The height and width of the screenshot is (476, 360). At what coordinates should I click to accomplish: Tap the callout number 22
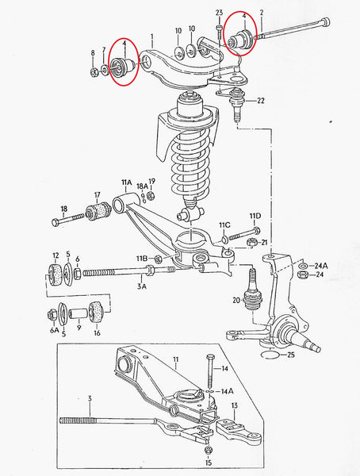[x=261, y=100]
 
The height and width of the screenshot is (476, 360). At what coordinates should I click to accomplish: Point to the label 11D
[x=255, y=216]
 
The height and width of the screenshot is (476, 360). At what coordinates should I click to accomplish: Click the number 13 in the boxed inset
[x=234, y=406]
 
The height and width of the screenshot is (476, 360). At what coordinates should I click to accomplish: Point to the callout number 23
[x=220, y=13]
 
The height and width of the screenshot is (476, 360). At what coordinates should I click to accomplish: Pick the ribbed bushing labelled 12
[x=56, y=275]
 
